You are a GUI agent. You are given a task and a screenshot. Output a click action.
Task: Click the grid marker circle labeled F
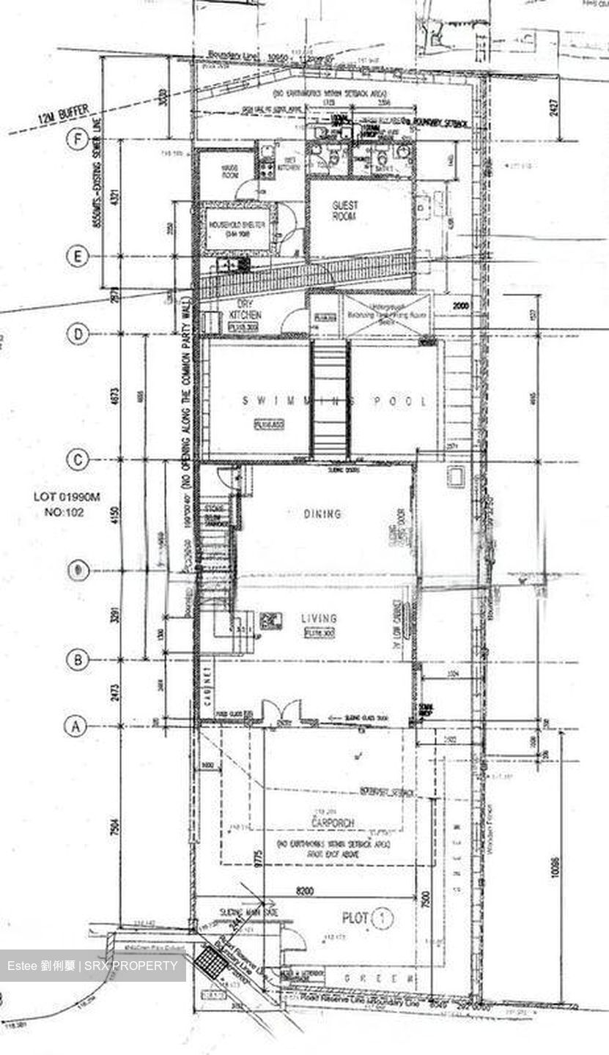point(78,140)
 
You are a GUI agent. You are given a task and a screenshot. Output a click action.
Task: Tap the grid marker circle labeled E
point(78,256)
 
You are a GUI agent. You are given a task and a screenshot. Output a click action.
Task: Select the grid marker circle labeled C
point(78,459)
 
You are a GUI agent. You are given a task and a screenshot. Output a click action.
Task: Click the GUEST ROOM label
point(344,212)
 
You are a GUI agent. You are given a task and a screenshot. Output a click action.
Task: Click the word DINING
point(322,514)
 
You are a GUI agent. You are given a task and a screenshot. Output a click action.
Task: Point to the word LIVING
point(320,619)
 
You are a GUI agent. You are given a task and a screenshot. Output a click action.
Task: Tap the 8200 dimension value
point(305,891)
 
